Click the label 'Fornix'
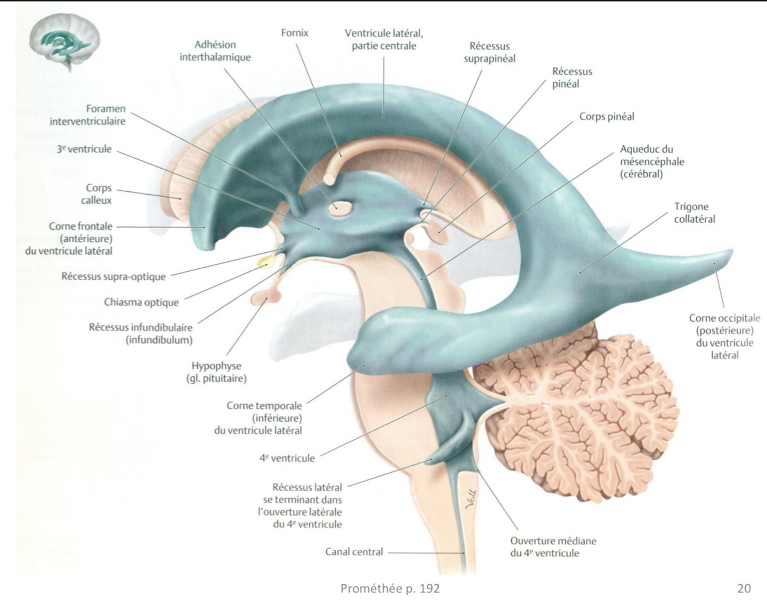[294, 33]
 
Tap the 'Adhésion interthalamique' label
[215, 51]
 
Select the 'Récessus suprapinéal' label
[489, 52]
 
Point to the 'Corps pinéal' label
[607, 117]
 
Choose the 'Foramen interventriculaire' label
[87, 115]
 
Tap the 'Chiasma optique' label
[141, 302]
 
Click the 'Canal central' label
[354, 552]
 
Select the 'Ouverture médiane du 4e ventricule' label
[553, 547]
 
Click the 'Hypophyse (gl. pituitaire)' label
[216, 372]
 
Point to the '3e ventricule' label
[84, 149]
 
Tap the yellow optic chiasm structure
[264, 262]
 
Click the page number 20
[743, 588]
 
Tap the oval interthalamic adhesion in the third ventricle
[335, 208]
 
